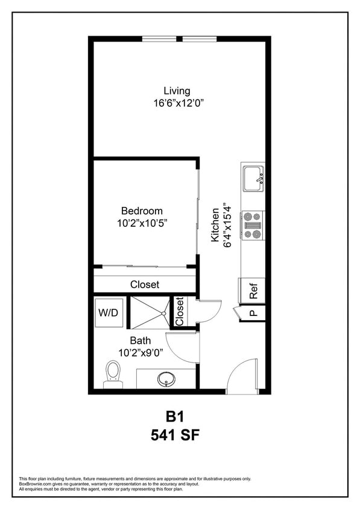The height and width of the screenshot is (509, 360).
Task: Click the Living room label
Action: tap(177, 91)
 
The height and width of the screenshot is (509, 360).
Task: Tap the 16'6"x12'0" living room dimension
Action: tap(179, 103)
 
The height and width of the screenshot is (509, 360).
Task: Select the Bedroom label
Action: tap(142, 211)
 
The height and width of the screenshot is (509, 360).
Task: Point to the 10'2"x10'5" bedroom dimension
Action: tap(142, 223)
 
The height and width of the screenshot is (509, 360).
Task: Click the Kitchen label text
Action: tap(215, 225)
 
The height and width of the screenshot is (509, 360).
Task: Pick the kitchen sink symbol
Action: tap(253, 179)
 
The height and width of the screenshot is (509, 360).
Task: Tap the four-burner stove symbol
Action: tap(253, 225)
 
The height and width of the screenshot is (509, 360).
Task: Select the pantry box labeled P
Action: tap(253, 314)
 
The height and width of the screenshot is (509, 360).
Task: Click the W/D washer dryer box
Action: tap(109, 314)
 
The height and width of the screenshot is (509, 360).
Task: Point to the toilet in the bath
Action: tap(113, 374)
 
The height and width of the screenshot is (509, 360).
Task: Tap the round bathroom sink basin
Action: tap(166, 379)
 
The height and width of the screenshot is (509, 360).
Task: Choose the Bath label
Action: tap(141, 341)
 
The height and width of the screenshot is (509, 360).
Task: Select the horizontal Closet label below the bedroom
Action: tap(145, 285)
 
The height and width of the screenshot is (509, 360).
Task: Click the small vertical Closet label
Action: tap(179, 311)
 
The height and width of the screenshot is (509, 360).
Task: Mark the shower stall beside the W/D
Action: tap(150, 312)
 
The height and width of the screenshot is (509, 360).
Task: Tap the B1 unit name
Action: tap(174, 416)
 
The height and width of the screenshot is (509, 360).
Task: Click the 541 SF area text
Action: tap(174, 434)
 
